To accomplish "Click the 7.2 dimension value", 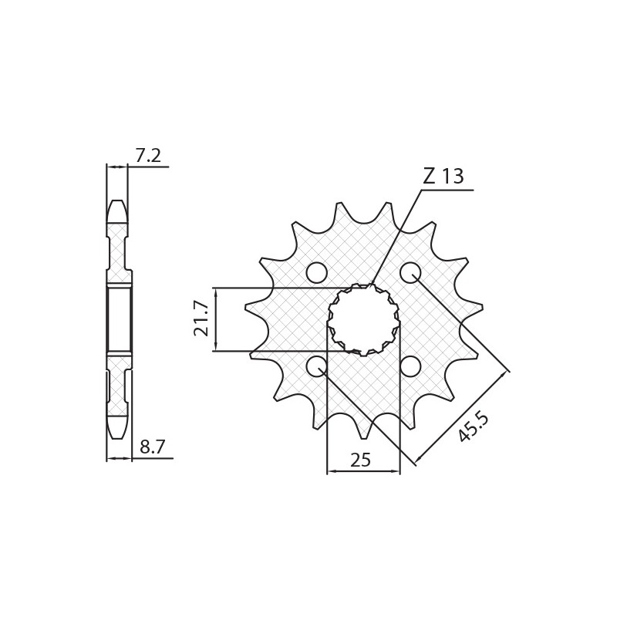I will click(147, 156).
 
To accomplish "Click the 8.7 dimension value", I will click(152, 447).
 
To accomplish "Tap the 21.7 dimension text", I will click(201, 319).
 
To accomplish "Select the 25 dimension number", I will click(360, 460).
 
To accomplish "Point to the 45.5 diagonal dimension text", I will click(473, 427).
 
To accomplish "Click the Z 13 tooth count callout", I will click(443, 177).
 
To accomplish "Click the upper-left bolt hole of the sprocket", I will click(316, 272).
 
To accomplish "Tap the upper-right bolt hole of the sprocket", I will click(410, 272).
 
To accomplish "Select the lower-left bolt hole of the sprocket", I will click(316, 366).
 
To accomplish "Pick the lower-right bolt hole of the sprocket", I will click(410, 366).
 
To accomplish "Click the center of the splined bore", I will click(363, 319).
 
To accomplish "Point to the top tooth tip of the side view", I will click(117, 205).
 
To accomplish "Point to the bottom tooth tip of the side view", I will click(117, 433).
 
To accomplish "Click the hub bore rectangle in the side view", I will click(119, 319).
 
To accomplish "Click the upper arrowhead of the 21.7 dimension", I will click(215, 292).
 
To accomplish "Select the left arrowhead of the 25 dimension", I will click(331, 470).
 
